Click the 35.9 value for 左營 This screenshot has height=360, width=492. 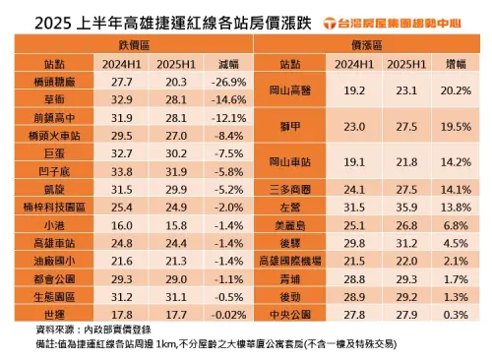[x=400, y=208]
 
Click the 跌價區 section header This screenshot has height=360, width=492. [x=132, y=45]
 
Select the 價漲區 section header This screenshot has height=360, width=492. [x=368, y=45]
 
